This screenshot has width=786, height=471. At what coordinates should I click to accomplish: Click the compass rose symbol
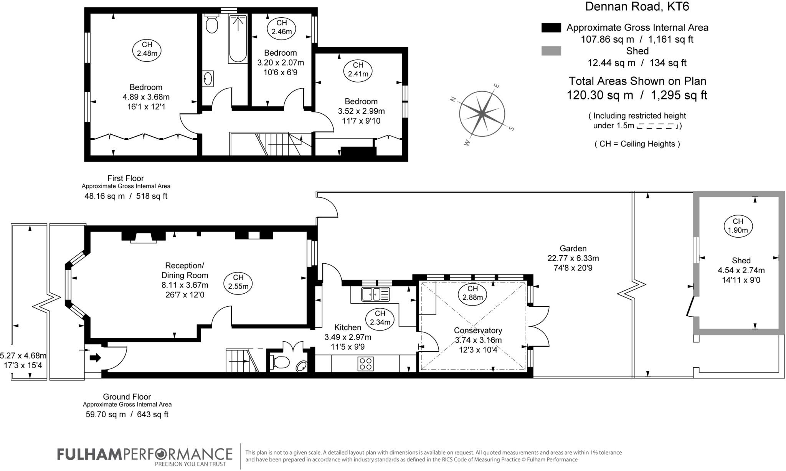tap(482, 114)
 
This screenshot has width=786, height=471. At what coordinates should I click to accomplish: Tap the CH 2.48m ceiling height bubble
tap(147, 50)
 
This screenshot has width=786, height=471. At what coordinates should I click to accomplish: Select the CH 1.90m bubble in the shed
tap(738, 226)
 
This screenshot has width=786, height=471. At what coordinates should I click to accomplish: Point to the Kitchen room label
tap(348, 327)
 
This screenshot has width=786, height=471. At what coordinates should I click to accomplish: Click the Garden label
tap(573, 248)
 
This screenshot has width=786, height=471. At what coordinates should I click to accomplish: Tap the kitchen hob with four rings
tap(365, 364)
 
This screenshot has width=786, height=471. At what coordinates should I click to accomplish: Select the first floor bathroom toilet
tap(211, 24)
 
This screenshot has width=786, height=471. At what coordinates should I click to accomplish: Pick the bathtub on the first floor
tap(238, 39)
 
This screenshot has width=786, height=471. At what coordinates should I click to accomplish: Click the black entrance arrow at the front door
tap(95, 358)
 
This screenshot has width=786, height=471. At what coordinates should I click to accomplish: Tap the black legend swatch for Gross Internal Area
tap(551, 28)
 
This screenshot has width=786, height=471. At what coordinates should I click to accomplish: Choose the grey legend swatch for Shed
tap(551, 51)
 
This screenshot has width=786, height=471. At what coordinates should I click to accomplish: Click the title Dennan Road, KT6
tap(637, 7)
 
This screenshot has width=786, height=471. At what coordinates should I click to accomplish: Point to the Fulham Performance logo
tap(145, 457)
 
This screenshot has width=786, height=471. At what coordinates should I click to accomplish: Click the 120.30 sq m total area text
tap(600, 95)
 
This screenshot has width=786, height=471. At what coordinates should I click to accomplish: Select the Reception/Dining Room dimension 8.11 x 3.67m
tap(185, 285)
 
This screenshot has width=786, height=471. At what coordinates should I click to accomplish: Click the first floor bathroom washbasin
tap(208, 79)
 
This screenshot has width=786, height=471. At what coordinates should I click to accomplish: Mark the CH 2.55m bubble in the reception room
tap(238, 282)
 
